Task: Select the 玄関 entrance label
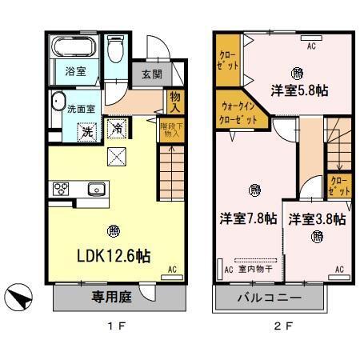click(x=151, y=74)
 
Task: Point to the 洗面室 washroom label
click(x=79, y=108)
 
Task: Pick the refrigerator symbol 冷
click(x=117, y=128)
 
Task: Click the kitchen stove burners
click(x=61, y=190)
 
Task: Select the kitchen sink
click(x=97, y=190)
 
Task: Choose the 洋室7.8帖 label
click(x=249, y=218)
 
